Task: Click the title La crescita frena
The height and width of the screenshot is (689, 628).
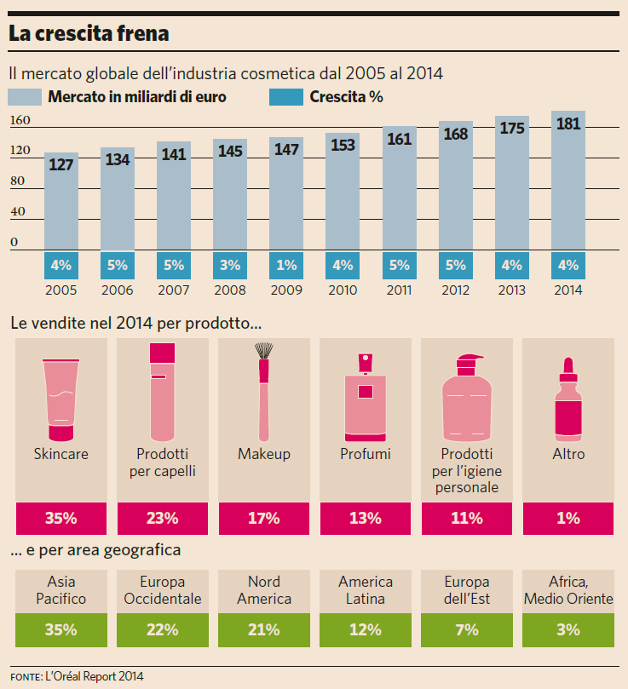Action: [x=89, y=34]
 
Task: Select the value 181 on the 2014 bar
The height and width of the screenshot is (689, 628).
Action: [x=568, y=124]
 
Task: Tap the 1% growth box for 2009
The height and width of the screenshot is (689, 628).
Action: [x=285, y=265]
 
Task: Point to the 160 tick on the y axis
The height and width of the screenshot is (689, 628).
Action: [x=20, y=121]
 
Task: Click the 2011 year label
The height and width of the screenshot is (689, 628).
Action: [x=399, y=290]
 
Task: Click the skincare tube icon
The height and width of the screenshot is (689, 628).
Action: [x=61, y=392]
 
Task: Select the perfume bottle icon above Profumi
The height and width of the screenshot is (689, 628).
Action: [x=365, y=393]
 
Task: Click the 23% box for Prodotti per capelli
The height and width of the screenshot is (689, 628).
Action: [x=162, y=518]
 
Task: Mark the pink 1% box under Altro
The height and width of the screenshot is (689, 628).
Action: [x=568, y=518]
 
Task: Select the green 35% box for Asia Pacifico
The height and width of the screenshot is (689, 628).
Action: [x=61, y=630]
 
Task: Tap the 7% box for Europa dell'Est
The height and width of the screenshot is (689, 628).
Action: [x=466, y=630]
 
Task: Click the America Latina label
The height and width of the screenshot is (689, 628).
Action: [x=365, y=590]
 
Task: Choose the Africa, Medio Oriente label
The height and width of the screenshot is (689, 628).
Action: [x=568, y=590]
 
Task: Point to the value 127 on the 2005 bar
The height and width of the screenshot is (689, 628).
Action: [x=61, y=164]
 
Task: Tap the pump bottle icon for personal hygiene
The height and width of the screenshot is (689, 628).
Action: [x=466, y=393]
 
